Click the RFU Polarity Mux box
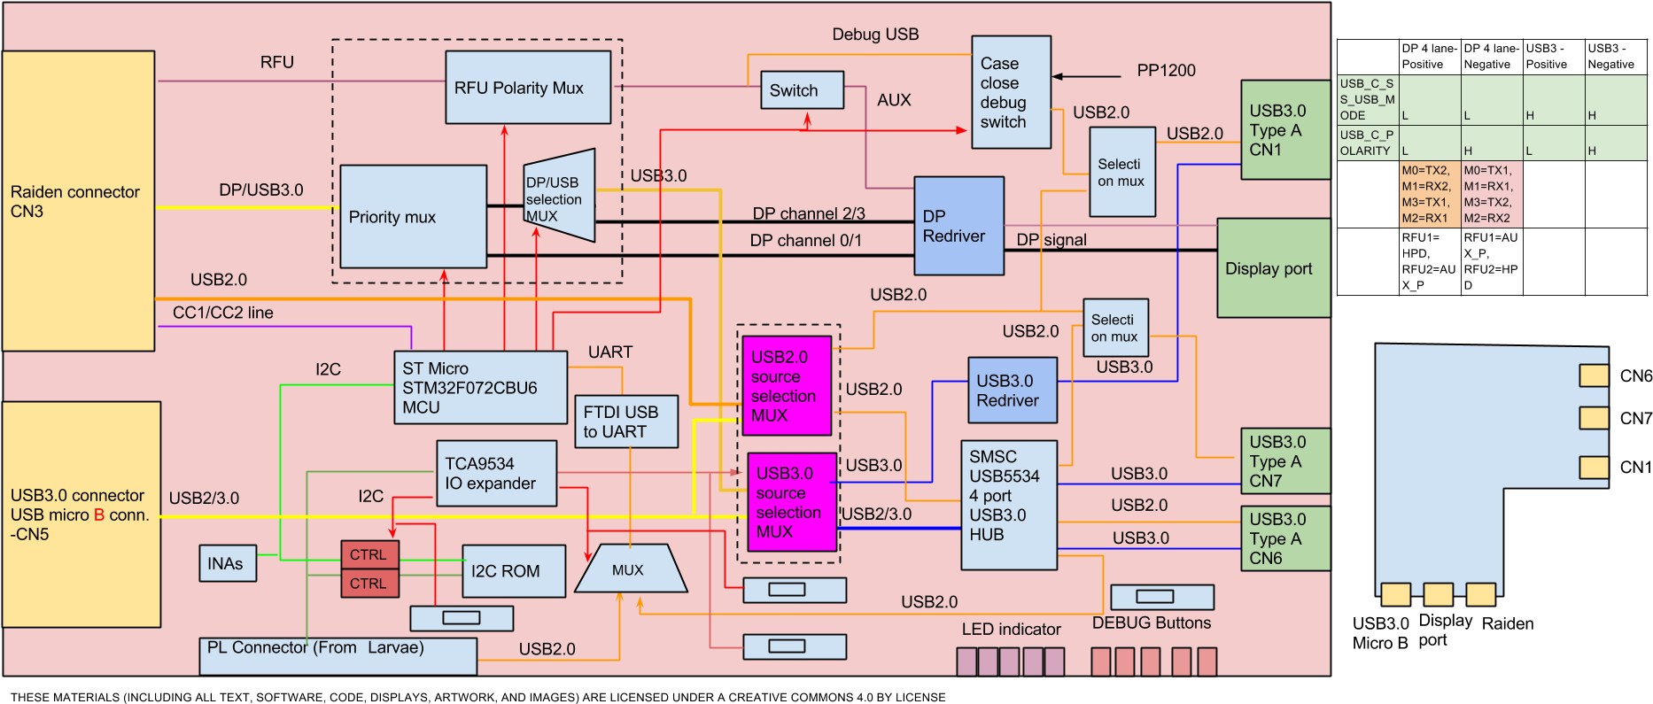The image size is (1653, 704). [x=528, y=87]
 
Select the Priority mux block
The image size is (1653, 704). [x=413, y=216]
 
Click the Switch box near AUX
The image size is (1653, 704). [x=802, y=90]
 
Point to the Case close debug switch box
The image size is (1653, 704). [x=1011, y=92]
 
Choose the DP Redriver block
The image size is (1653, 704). [x=958, y=226]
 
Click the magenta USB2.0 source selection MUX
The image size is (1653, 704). [x=787, y=385]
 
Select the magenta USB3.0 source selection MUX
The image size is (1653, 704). [x=792, y=502]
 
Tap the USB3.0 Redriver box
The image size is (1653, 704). [x=1013, y=390]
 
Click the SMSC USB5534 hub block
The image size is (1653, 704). [x=1009, y=505]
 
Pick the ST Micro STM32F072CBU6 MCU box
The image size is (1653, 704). [x=480, y=388]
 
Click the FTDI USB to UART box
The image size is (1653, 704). [x=625, y=422]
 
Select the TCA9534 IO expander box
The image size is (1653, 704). [x=496, y=474]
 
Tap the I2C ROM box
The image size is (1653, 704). [x=513, y=571]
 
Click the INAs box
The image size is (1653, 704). [x=228, y=563]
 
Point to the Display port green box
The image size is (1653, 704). [x=1273, y=268]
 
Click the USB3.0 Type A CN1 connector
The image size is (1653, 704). [x=1284, y=130]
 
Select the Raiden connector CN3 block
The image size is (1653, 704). [x=78, y=201]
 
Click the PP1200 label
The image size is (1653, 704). [x=1166, y=71]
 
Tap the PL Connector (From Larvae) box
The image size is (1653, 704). [x=338, y=656]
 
